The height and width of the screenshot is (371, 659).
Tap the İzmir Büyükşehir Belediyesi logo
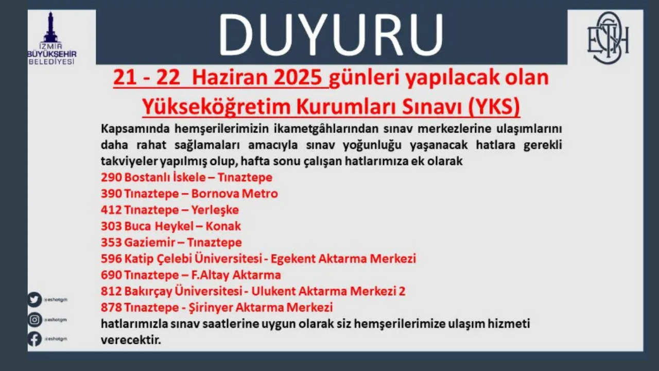click(x=51, y=39)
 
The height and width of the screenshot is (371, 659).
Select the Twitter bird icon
click(x=34, y=299)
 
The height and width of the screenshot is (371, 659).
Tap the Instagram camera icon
click(x=34, y=319)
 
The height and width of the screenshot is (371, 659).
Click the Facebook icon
click(x=34, y=339)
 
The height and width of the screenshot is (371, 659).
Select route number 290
click(x=111, y=177)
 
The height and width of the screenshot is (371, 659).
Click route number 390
click(x=111, y=194)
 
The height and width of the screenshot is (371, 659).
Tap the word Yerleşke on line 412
click(x=215, y=210)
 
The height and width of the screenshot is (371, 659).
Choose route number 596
click(x=111, y=259)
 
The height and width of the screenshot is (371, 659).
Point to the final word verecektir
click(x=131, y=341)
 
